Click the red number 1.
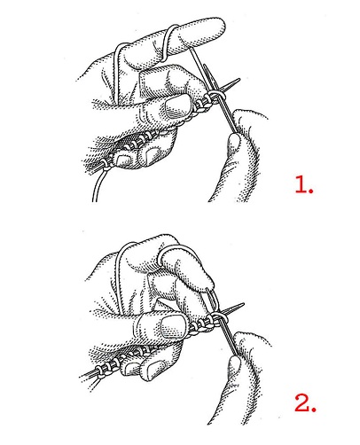(x=304, y=187)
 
